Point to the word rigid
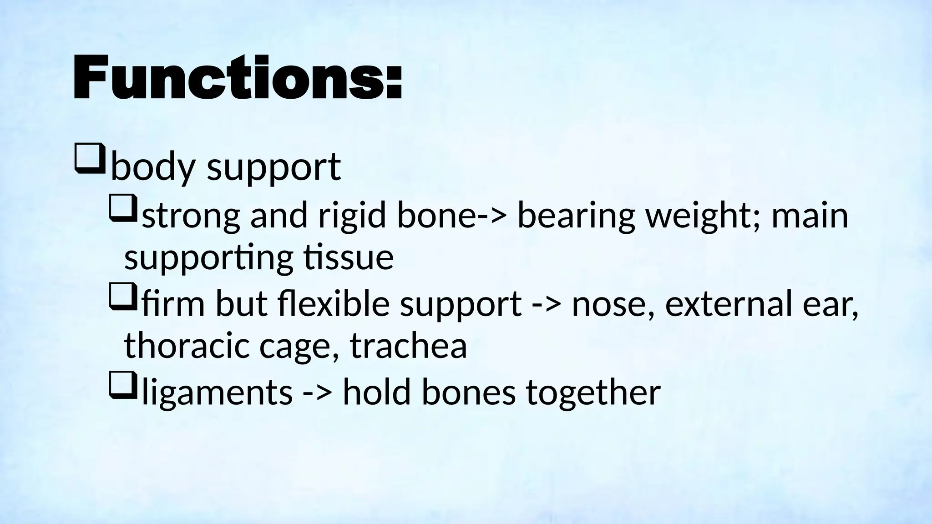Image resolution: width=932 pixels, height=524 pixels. (x=352, y=216)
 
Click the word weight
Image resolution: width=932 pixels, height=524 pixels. (x=703, y=216)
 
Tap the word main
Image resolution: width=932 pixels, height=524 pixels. (x=810, y=216)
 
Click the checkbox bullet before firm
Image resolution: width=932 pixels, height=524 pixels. (x=123, y=296)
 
